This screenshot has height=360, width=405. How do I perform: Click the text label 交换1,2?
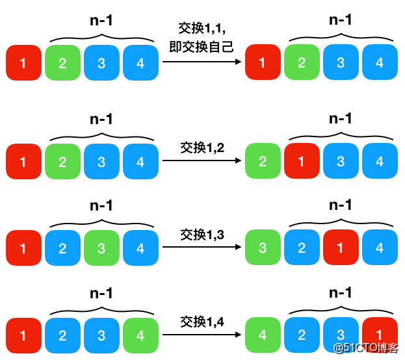(202, 148)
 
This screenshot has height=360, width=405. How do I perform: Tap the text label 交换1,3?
(202, 235)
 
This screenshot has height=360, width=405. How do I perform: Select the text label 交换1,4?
(202, 322)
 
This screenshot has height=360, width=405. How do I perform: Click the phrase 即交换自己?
(202, 47)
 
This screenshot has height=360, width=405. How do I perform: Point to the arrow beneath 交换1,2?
(202, 161)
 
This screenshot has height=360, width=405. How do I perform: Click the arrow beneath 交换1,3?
(202, 247)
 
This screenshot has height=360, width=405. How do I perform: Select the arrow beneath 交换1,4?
(202, 335)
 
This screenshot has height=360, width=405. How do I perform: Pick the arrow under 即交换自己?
(202, 62)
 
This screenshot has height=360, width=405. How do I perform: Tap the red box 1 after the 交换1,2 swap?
(302, 161)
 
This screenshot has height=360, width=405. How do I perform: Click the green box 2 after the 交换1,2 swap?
(263, 161)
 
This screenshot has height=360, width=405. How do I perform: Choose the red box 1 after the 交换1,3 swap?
(341, 248)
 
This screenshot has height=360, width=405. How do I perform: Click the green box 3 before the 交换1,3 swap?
(101, 248)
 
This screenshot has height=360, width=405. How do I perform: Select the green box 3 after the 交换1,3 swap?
(263, 248)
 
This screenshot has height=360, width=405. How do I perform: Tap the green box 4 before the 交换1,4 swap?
(140, 335)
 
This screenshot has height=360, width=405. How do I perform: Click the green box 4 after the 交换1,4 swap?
(263, 335)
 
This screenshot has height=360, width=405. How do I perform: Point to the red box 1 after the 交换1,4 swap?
(380, 333)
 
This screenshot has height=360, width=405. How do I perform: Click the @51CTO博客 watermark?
(366, 348)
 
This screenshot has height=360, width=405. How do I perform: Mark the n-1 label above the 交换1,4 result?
(341, 293)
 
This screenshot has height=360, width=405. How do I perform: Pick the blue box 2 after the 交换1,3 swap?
(302, 248)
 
